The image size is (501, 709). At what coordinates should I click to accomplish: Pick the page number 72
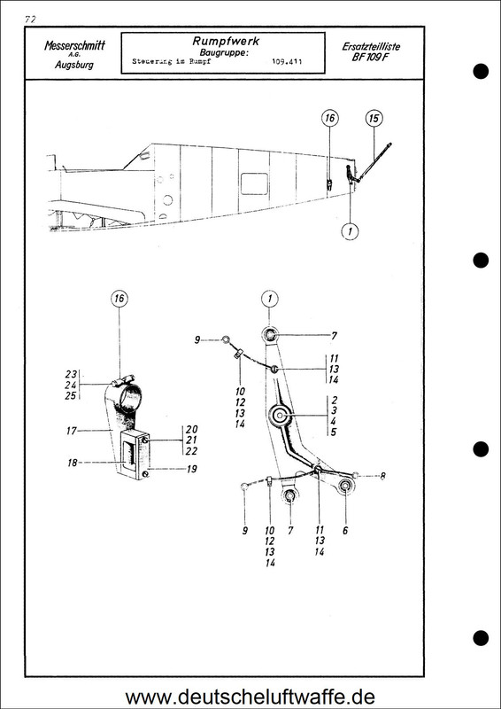coord(31,18)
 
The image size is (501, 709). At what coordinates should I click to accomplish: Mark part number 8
coord(382,476)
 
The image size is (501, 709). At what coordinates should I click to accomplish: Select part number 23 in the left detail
coord(73,373)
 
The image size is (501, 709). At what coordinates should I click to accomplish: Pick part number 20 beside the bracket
coord(188,429)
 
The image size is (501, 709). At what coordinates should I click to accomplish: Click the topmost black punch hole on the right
coord(482,70)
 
